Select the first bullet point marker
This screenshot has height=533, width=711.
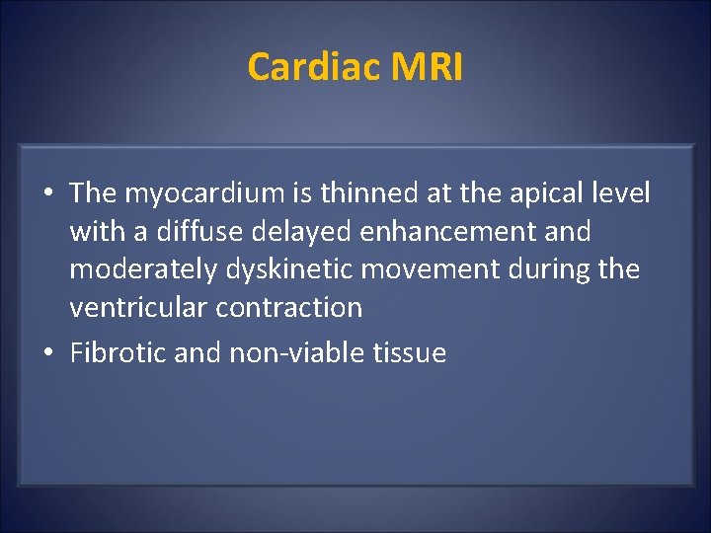click(48, 194)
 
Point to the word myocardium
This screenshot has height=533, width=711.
click(198, 193)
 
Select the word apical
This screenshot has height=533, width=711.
click(546, 193)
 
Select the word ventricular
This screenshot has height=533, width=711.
click(131, 307)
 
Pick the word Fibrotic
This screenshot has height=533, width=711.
click(118, 353)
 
